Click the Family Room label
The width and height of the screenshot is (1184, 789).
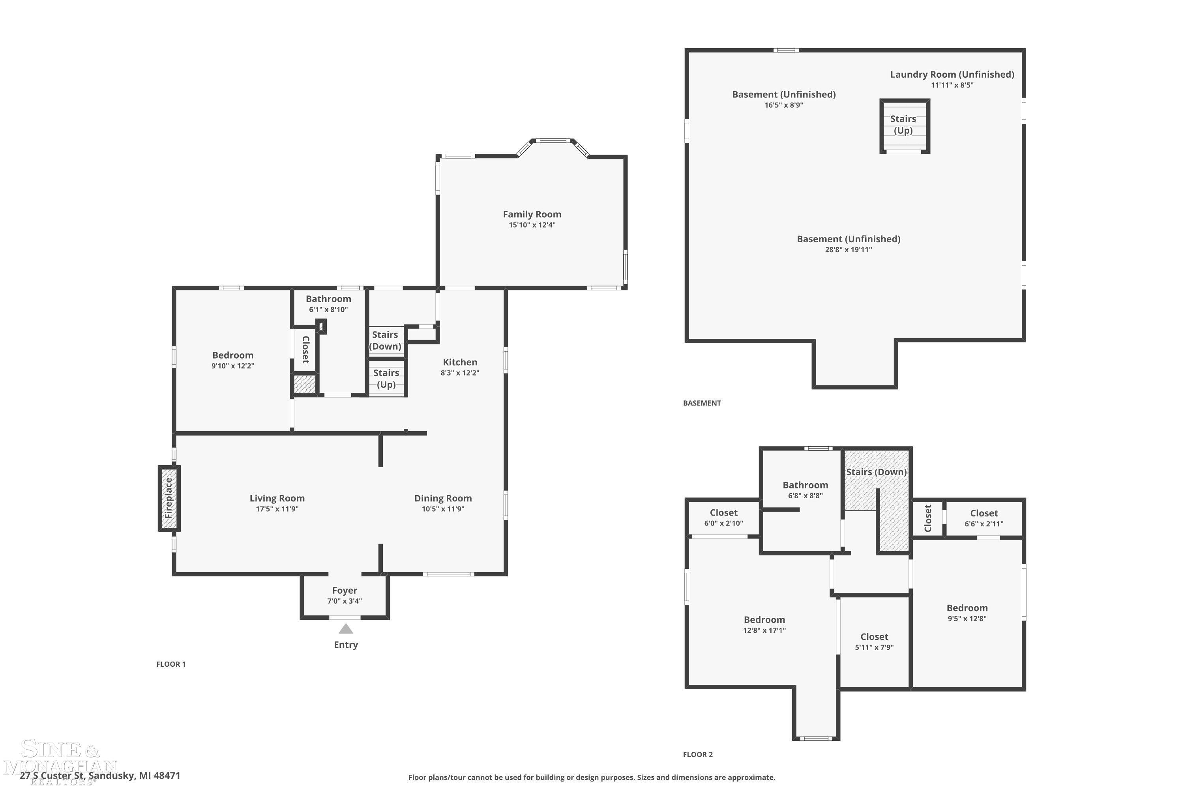[x=532, y=214]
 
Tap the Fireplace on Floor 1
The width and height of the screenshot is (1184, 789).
[x=169, y=498]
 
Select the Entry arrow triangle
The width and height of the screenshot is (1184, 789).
[x=345, y=628]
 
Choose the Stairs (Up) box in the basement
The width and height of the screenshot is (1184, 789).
[x=905, y=126]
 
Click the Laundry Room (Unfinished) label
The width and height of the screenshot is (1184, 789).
[x=952, y=75]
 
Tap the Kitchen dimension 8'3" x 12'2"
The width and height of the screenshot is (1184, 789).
[x=460, y=373]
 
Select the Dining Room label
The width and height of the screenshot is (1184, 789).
[x=443, y=498]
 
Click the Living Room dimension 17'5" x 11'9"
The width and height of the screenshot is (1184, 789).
[x=277, y=509]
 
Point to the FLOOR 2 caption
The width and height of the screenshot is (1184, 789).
[x=698, y=754]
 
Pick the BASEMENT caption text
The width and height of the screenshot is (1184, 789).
[x=702, y=403]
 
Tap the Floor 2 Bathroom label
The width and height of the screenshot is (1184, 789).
[x=805, y=485]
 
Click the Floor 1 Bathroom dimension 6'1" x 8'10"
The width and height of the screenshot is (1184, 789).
[x=328, y=309]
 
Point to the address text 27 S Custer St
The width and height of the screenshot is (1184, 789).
[x=51, y=776]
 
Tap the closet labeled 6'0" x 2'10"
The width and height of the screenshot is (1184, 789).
[x=723, y=517]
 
